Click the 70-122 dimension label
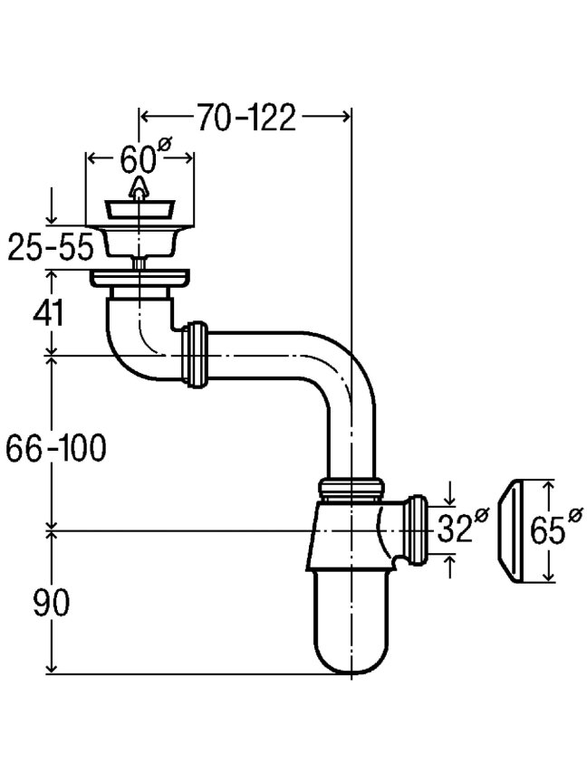(x=246, y=118)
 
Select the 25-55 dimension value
(x=51, y=246)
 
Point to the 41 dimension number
(x=48, y=312)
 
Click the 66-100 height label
(x=56, y=447)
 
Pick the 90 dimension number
(x=52, y=603)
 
